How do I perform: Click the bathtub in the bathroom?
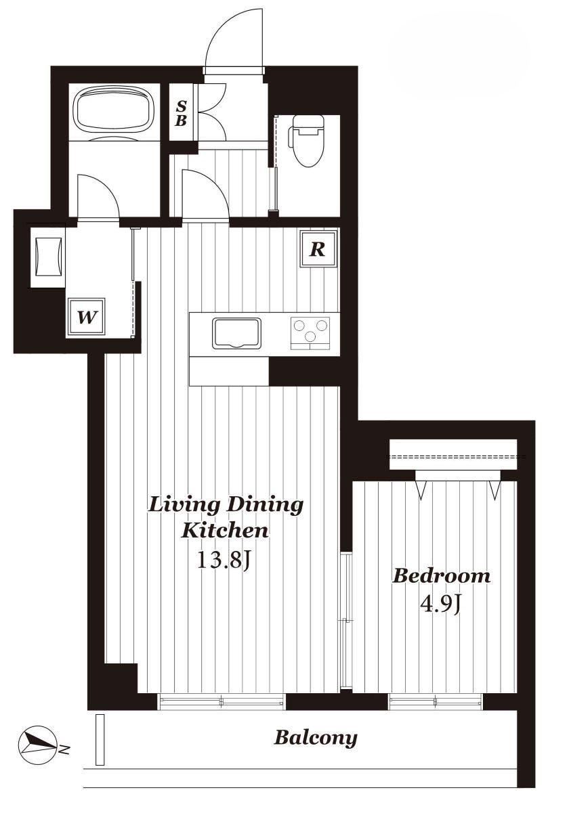pyautogui.click(x=114, y=108)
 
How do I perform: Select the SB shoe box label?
pyautogui.click(x=181, y=113)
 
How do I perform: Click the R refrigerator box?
pyautogui.click(x=319, y=249)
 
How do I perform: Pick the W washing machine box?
pyautogui.click(x=87, y=317)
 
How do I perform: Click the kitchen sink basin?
pyautogui.click(x=237, y=334)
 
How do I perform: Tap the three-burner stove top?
pyautogui.click(x=310, y=334)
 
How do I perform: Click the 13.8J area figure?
pyautogui.click(x=224, y=560)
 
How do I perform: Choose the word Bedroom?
pyautogui.click(x=442, y=576)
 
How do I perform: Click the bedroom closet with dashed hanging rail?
pyautogui.click(x=453, y=454)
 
